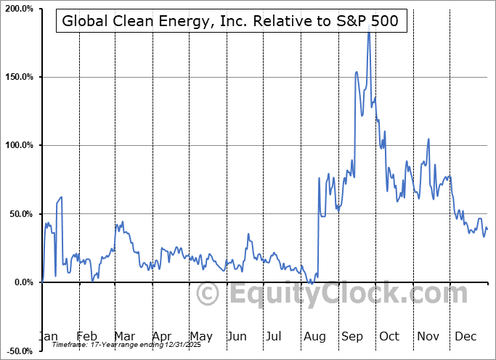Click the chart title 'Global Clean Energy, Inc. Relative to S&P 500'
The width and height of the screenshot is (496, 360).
pyautogui.click(x=230, y=21)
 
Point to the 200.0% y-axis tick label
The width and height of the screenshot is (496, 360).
pyautogui.click(x=19, y=9)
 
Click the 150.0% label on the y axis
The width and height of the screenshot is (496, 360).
pyautogui.click(x=19, y=77)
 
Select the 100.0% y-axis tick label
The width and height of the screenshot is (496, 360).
pyautogui.click(x=19, y=145)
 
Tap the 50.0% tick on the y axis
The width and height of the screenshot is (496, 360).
pyautogui.click(x=21, y=214)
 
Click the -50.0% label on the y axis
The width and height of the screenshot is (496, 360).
pyautogui.click(x=20, y=351)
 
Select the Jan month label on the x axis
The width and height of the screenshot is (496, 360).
pyautogui.click(x=47, y=336)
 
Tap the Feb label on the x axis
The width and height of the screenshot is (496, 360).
pyautogui.click(x=87, y=336)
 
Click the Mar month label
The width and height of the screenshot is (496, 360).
pyautogui.click(x=124, y=336)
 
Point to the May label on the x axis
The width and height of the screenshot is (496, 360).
pyautogui.click(x=200, y=336)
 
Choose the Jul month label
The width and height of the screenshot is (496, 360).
pyautogui.click(x=275, y=336)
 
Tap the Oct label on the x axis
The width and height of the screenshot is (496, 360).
pyautogui.click(x=389, y=336)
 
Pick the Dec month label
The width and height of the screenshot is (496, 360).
pyautogui.click(x=465, y=336)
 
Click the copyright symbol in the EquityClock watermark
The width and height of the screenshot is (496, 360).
pyautogui.click(x=208, y=294)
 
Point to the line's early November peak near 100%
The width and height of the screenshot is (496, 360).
pyautogui.click(x=429, y=139)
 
